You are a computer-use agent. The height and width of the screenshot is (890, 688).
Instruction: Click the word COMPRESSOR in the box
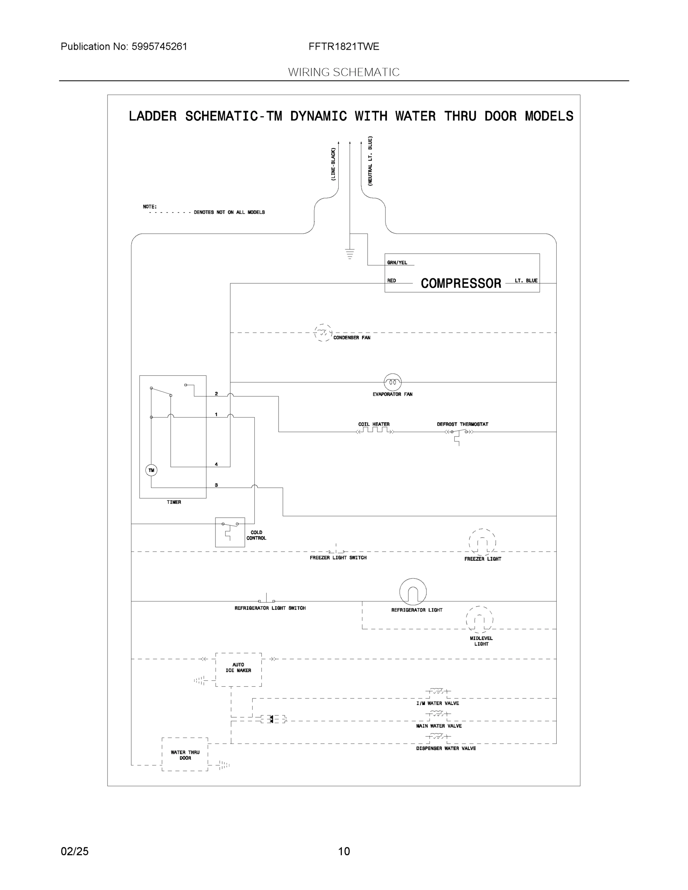pyautogui.click(x=461, y=283)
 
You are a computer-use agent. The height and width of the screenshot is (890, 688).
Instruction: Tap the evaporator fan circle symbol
pyautogui.click(x=392, y=382)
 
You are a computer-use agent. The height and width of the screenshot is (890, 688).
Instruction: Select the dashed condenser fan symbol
pyautogui.click(x=323, y=333)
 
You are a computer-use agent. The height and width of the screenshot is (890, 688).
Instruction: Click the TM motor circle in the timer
pyautogui.click(x=151, y=470)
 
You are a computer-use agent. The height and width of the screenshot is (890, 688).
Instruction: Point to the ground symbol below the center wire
pyautogui.click(x=350, y=254)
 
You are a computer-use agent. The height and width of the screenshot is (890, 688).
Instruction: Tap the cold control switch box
pyautogui.click(x=230, y=532)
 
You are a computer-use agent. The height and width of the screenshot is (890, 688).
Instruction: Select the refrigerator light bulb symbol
pyautogui.click(x=413, y=592)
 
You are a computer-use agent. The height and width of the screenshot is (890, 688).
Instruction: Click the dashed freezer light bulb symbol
pyautogui.click(x=482, y=542)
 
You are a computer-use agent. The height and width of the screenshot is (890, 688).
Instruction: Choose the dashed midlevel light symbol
pyautogui.click(x=479, y=620)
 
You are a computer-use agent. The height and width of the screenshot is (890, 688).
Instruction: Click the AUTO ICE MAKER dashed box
pyautogui.click(x=238, y=669)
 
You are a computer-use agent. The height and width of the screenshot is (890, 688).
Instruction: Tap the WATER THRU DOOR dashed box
pyautogui.click(x=185, y=754)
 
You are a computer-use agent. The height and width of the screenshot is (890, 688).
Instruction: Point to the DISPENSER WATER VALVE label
pyautogui.click(x=446, y=748)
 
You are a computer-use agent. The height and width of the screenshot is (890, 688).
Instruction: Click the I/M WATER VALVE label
pyautogui.click(x=437, y=703)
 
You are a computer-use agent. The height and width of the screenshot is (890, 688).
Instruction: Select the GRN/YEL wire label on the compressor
pyautogui.click(x=397, y=263)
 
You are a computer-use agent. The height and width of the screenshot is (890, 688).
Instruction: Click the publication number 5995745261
pyautogui.click(x=159, y=46)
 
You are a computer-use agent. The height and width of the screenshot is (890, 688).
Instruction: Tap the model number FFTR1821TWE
pyautogui.click(x=343, y=46)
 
